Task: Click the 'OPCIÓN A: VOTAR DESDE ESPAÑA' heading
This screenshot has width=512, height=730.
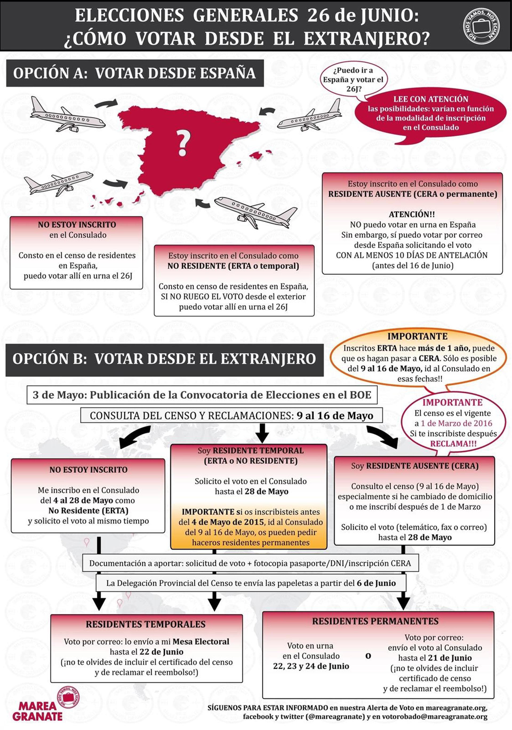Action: point(135,73)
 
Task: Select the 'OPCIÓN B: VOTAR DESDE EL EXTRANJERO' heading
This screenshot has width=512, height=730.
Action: point(164,359)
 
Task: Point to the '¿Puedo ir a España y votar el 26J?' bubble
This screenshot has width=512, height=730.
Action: point(353,80)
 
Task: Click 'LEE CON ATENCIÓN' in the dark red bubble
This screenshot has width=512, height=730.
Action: point(431,99)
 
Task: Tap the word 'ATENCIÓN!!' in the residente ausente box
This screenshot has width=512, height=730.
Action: point(412,214)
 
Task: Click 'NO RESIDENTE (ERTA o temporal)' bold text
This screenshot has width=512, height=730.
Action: point(233,266)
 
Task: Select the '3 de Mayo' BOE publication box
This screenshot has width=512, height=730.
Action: point(202,395)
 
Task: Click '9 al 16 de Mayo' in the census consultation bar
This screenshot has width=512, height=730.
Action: point(335,416)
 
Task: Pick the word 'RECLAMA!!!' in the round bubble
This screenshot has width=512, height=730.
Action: point(453,444)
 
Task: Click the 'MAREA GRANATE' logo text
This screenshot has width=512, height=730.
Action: point(38,711)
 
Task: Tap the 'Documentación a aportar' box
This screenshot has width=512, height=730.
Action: point(250,564)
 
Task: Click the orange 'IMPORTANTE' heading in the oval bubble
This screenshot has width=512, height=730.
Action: point(417,336)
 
